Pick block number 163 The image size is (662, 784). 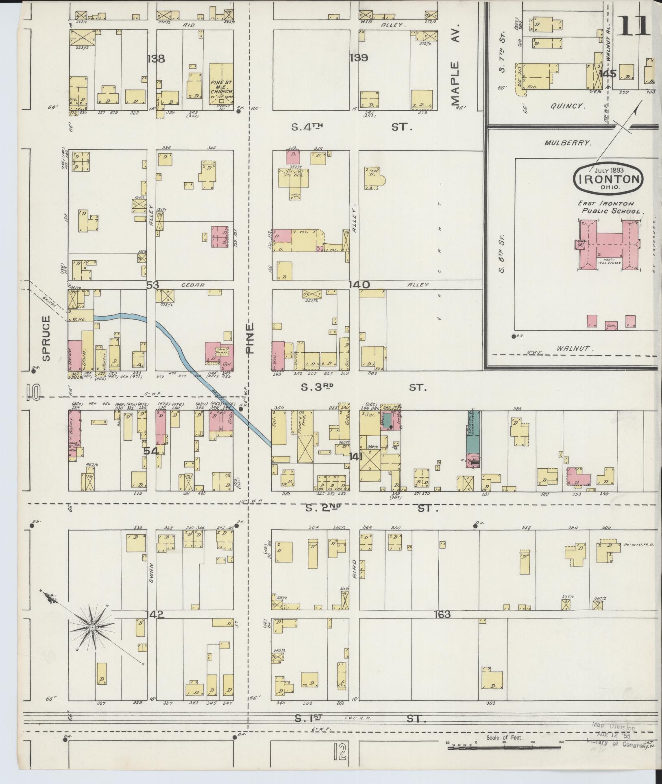(x=442, y=614)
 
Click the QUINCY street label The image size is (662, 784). (x=568, y=106)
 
